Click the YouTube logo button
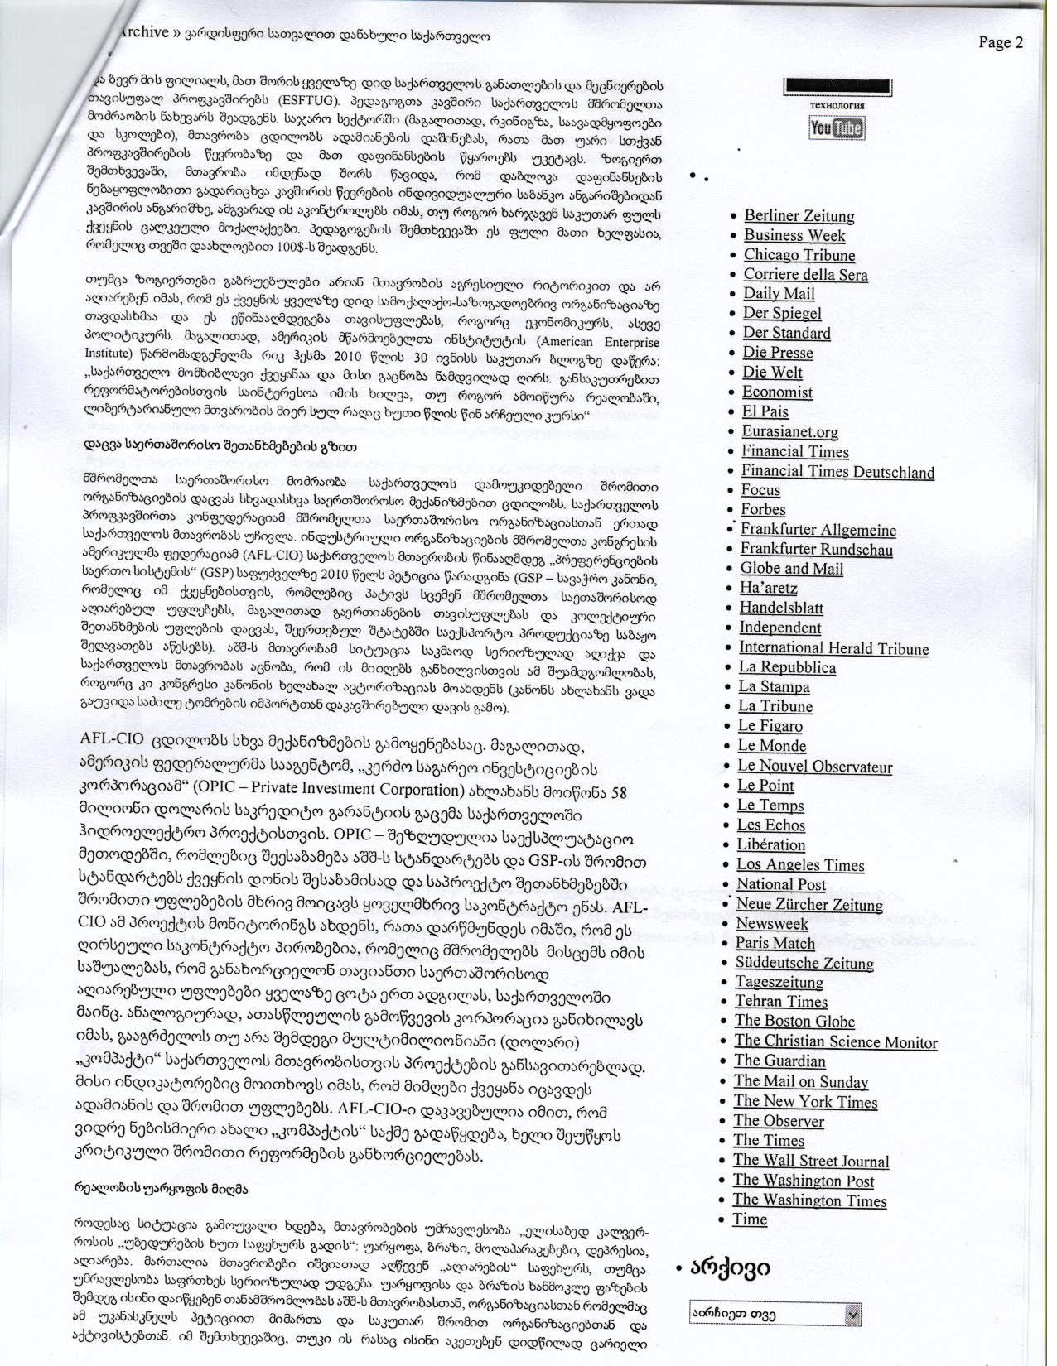836,127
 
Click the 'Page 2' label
1001,43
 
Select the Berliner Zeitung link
799,216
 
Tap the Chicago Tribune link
799,255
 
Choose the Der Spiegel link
782,313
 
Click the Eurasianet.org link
789,431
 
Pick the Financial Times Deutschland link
837,472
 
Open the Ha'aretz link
768,588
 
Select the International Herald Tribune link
833,648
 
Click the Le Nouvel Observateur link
814,766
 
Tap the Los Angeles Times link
800,865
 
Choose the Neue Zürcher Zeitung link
808,904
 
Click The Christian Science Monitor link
835,1041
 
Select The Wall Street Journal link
810,1161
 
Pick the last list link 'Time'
749,1219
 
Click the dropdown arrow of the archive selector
852,1314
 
